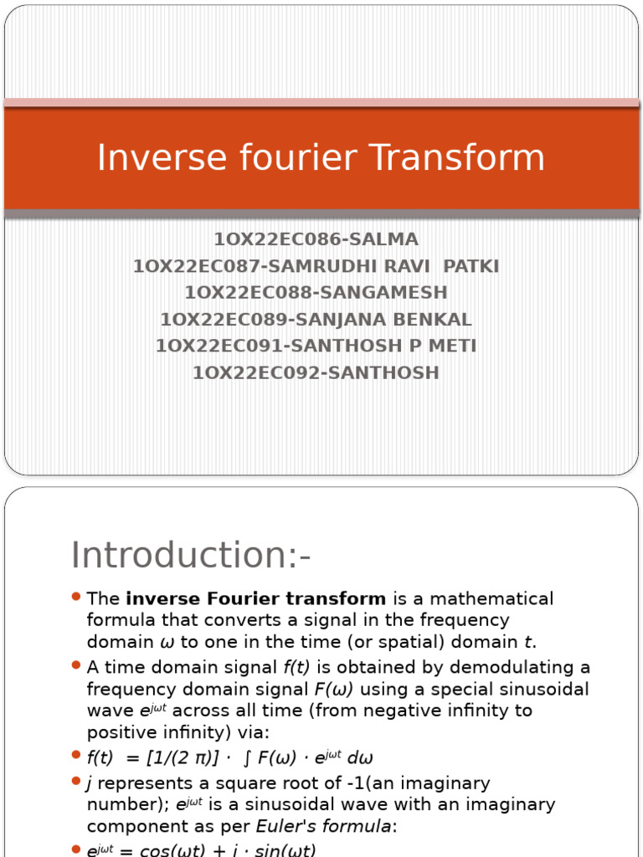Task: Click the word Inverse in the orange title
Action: click(150, 157)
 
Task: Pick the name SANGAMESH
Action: click(388, 293)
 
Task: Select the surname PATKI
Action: click(471, 267)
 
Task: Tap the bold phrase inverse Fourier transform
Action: click(256, 599)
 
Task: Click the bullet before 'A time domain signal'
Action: click(75, 665)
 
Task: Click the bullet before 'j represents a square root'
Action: click(75, 781)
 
